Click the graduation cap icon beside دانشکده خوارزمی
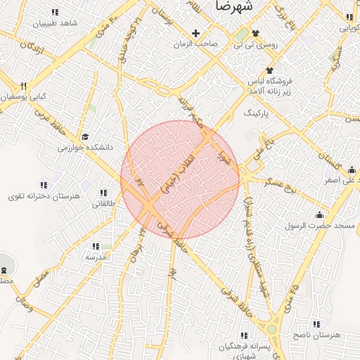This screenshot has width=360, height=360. (85, 136)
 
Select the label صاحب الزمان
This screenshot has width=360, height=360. (197, 44)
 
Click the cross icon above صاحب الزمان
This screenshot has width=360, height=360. (196, 33)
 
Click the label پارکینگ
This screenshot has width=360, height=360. (256, 112)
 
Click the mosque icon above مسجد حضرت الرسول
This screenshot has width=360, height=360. (321, 214)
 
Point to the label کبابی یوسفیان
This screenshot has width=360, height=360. (25, 96)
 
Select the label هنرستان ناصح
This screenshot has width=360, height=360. (316, 335)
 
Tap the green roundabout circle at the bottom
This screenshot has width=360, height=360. (271, 328)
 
